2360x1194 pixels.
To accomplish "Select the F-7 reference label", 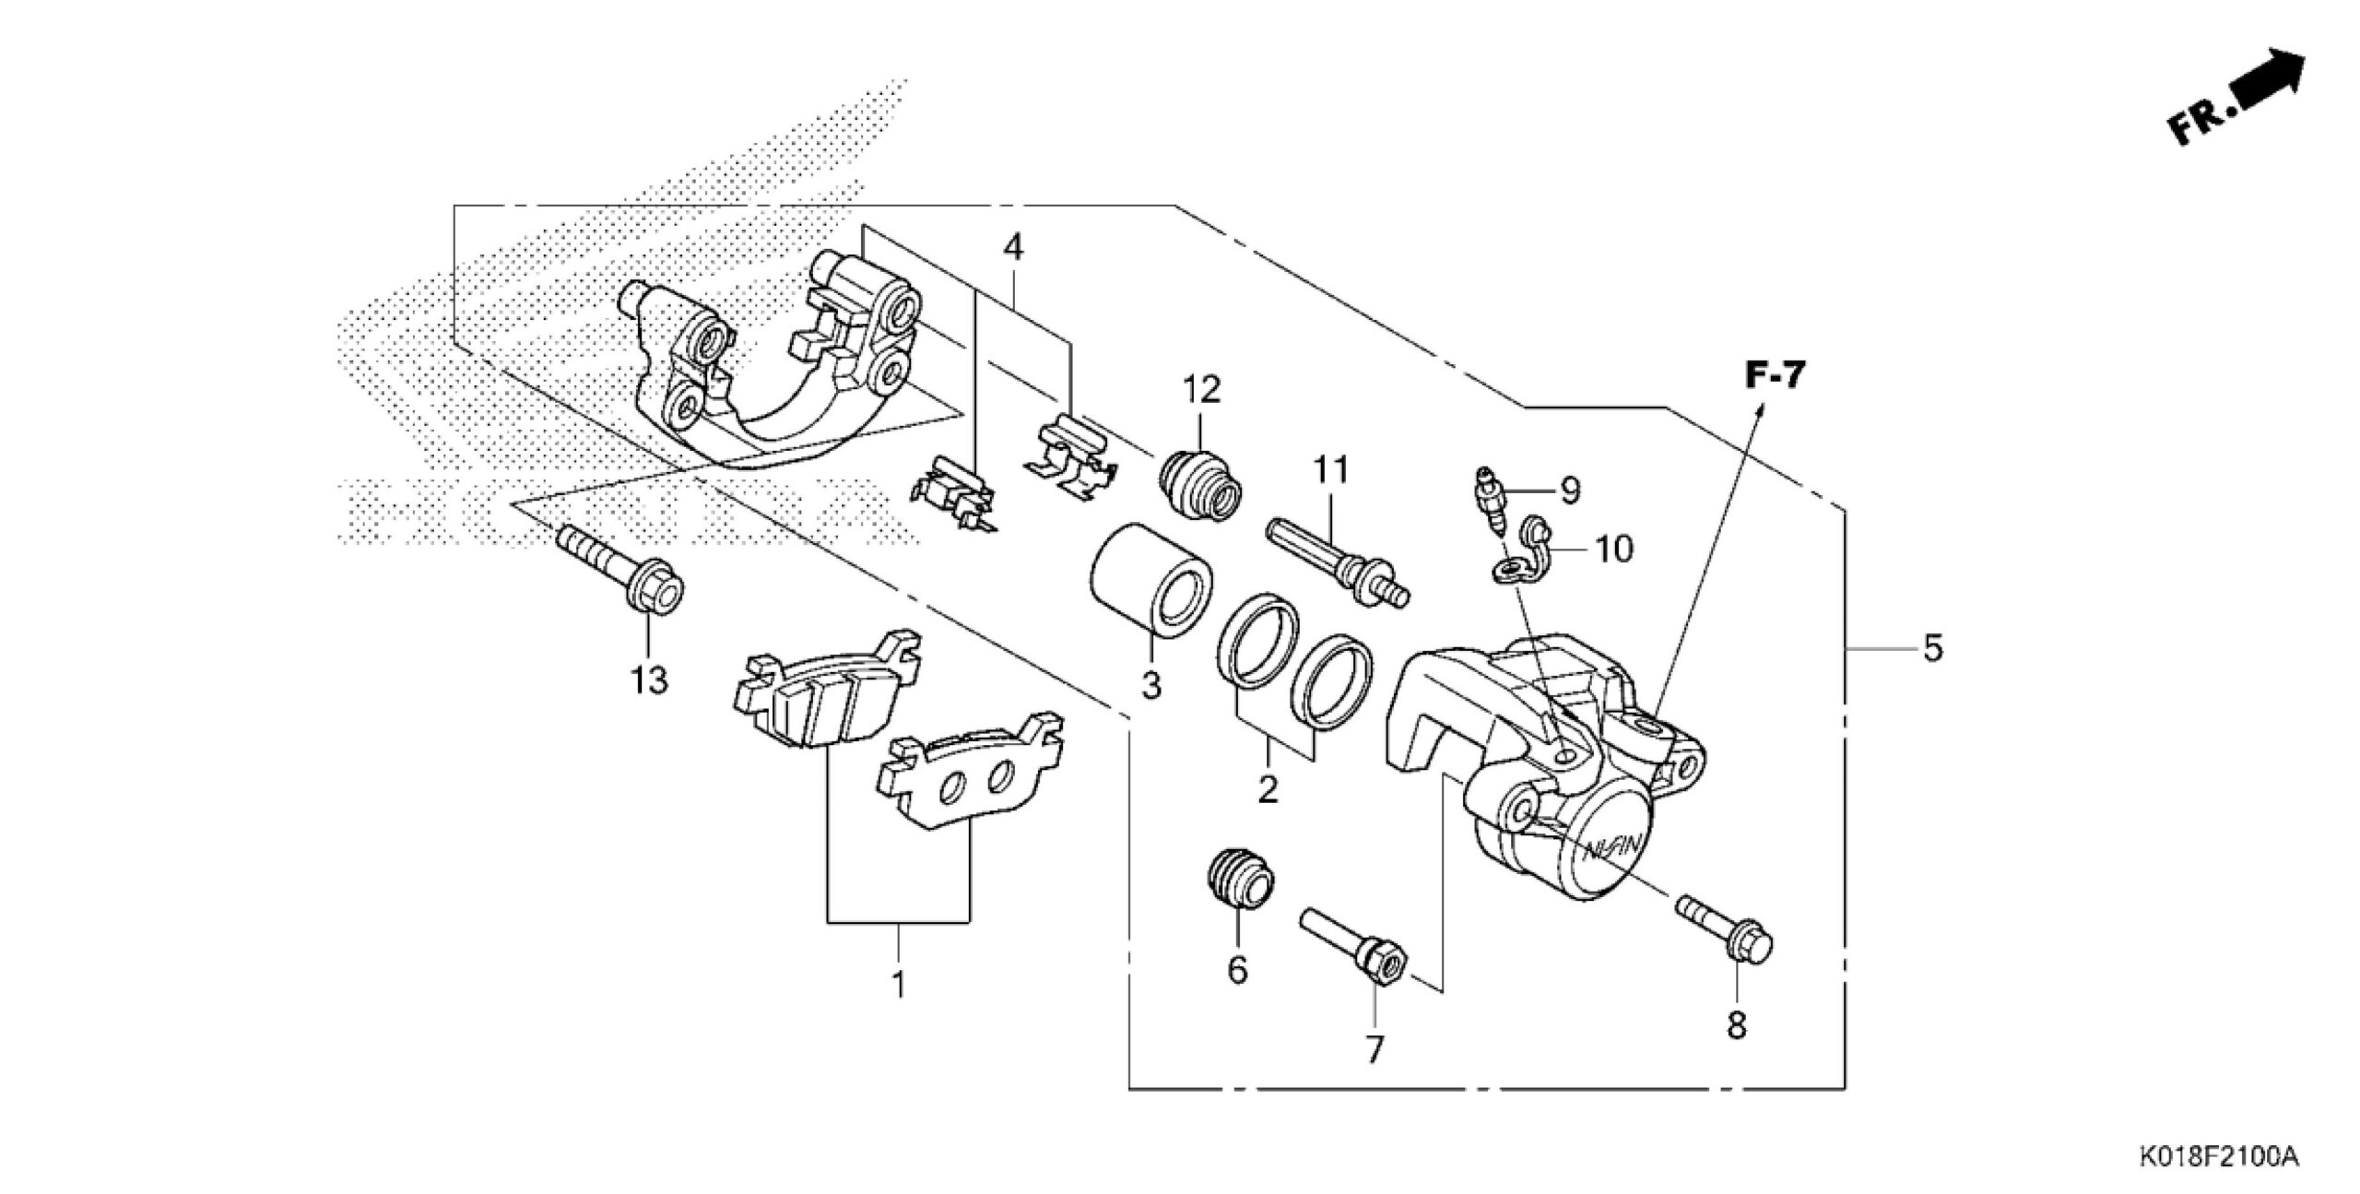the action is pos(1775,375).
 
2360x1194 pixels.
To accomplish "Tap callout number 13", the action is pos(648,681).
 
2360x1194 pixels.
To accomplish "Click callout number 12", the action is pos(1202,389).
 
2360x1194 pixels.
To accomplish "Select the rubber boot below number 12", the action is pos(1201,482).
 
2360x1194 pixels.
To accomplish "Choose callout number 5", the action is pos(1932,647).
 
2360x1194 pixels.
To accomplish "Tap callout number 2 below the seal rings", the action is pos(1268,789).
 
